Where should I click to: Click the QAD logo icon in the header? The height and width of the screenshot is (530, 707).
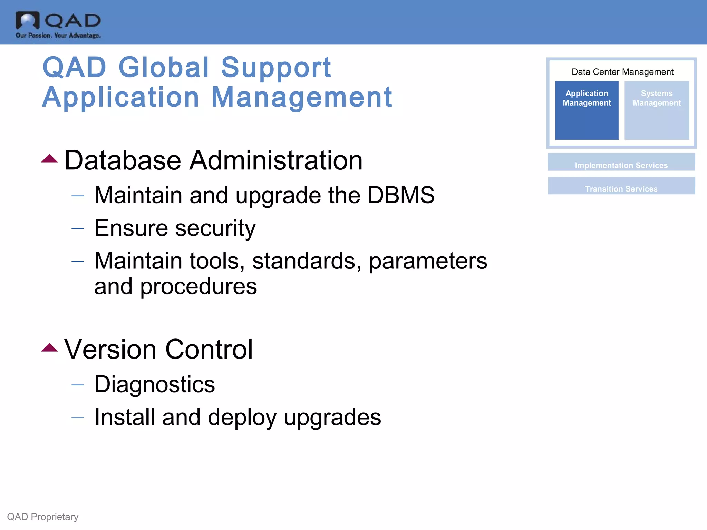pyautogui.click(x=28, y=21)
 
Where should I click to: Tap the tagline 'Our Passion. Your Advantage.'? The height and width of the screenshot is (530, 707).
pyautogui.click(x=58, y=35)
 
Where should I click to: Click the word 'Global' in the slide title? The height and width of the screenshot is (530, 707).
pyautogui.click(x=164, y=67)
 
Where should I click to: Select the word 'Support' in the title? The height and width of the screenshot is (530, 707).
pyautogui.click(x=276, y=68)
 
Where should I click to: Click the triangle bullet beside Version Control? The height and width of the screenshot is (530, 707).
pyautogui.click(x=49, y=347)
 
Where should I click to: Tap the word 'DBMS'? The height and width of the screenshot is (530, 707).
pyautogui.click(x=401, y=195)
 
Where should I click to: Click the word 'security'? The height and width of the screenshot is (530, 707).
pyautogui.click(x=215, y=228)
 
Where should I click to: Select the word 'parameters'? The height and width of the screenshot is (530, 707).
pyautogui.click(x=428, y=261)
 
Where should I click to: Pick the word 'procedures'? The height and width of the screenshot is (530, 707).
pyautogui.click(x=198, y=287)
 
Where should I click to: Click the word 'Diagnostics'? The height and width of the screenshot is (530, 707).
pyautogui.click(x=155, y=385)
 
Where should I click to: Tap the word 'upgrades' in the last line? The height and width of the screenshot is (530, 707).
pyautogui.click(x=332, y=418)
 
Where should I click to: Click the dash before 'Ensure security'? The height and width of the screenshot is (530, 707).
pyautogui.click(x=78, y=228)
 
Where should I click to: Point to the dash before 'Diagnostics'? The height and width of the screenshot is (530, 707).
pyautogui.click(x=78, y=384)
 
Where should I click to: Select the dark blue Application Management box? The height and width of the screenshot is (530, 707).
pyautogui.click(x=587, y=110)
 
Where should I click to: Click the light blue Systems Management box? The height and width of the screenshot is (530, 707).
pyautogui.click(x=657, y=110)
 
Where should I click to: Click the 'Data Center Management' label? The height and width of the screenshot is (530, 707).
pyautogui.click(x=622, y=72)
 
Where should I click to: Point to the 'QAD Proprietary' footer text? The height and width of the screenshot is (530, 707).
pyautogui.click(x=43, y=517)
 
